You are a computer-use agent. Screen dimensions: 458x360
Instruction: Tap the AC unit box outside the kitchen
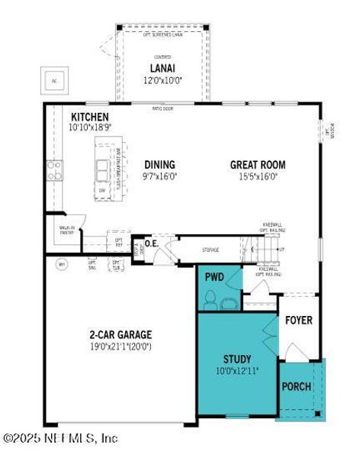click(54, 79)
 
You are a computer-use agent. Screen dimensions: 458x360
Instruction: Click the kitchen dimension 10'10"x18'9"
click(91, 127)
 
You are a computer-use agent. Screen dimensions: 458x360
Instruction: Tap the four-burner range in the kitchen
click(53, 169)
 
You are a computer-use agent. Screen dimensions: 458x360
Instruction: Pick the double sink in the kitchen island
click(102, 167)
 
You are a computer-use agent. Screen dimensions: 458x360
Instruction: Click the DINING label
click(159, 164)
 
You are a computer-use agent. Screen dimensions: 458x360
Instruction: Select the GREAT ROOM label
click(258, 164)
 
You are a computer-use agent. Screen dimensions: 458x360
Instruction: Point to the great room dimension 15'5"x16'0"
click(258, 176)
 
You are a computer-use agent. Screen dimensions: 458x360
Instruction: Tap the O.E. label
click(151, 244)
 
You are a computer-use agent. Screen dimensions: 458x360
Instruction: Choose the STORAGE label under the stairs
click(211, 250)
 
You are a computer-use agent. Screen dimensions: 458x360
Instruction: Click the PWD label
click(214, 277)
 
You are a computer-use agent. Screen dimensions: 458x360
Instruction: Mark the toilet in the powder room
click(227, 302)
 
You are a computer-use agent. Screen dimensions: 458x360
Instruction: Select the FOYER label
click(298, 320)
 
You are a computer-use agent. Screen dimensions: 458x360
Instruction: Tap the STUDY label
click(237, 359)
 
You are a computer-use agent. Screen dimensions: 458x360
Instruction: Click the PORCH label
click(296, 386)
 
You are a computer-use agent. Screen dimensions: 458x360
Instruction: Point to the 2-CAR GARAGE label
click(121, 334)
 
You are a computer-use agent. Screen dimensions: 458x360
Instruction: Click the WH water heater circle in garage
click(62, 265)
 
